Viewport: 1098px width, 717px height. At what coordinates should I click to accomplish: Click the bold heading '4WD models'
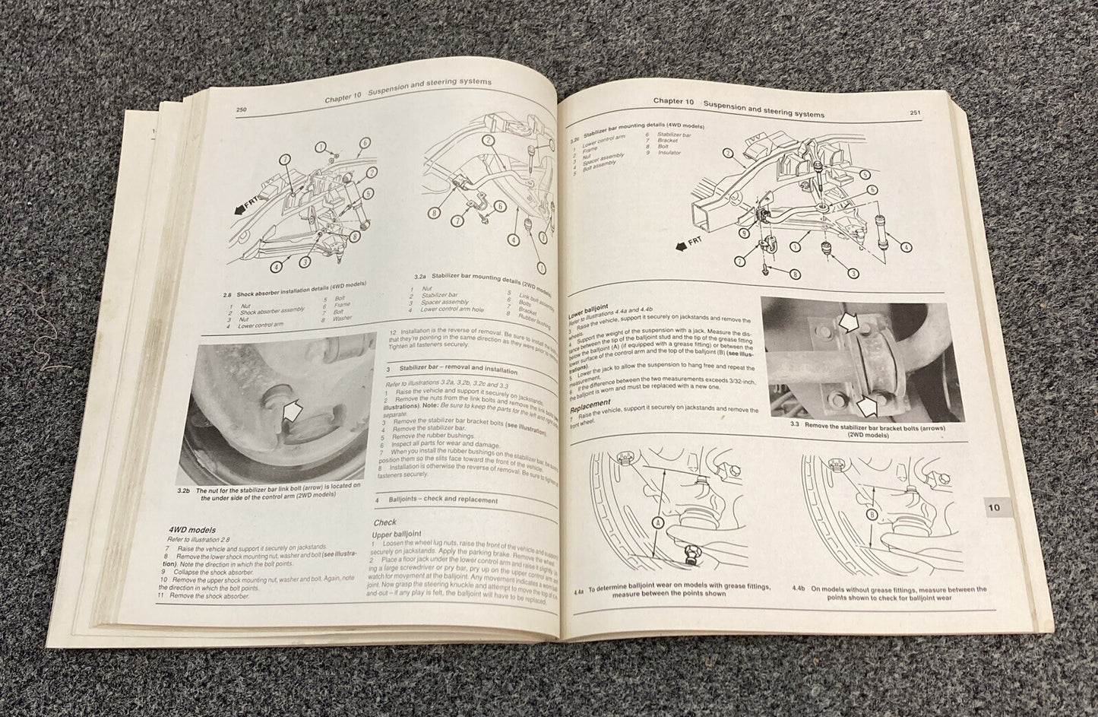(x=193, y=529)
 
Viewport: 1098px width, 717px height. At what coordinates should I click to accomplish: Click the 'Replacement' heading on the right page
(x=598, y=409)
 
